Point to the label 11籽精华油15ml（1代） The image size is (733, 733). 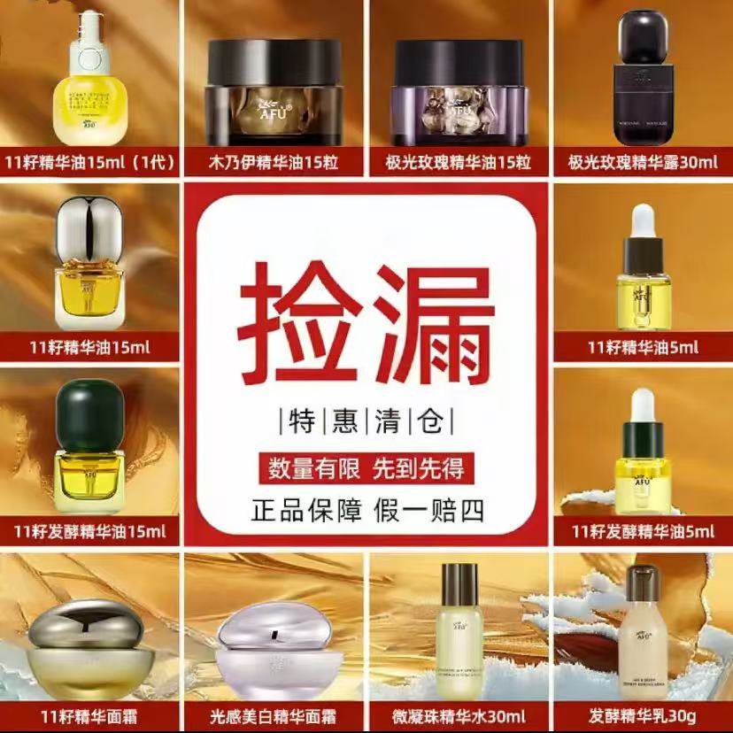90,164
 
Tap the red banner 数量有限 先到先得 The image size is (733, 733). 366,467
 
